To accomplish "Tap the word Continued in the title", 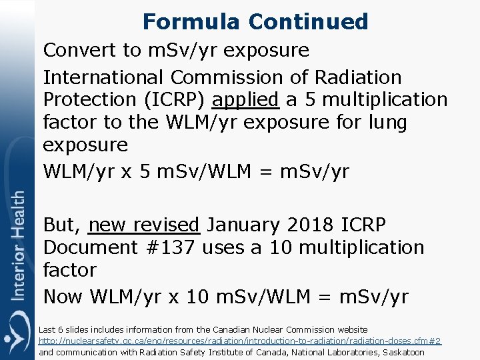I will (x=308, y=21).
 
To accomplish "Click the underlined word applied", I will (x=245, y=100).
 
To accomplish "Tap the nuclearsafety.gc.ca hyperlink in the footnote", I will (x=240, y=341).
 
